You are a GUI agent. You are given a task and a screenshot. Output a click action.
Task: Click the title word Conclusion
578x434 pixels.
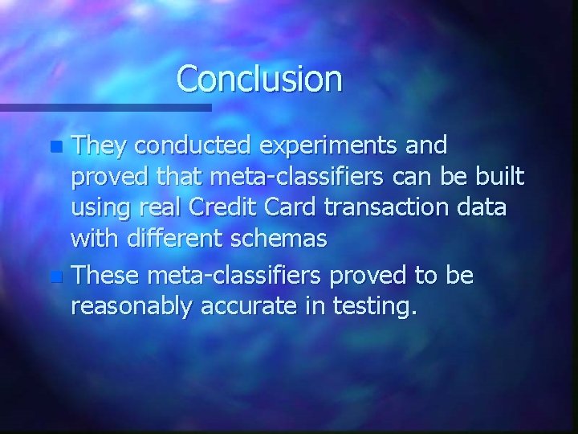[259, 79]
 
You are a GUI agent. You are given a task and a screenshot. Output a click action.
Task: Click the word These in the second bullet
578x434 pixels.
[104, 276]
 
